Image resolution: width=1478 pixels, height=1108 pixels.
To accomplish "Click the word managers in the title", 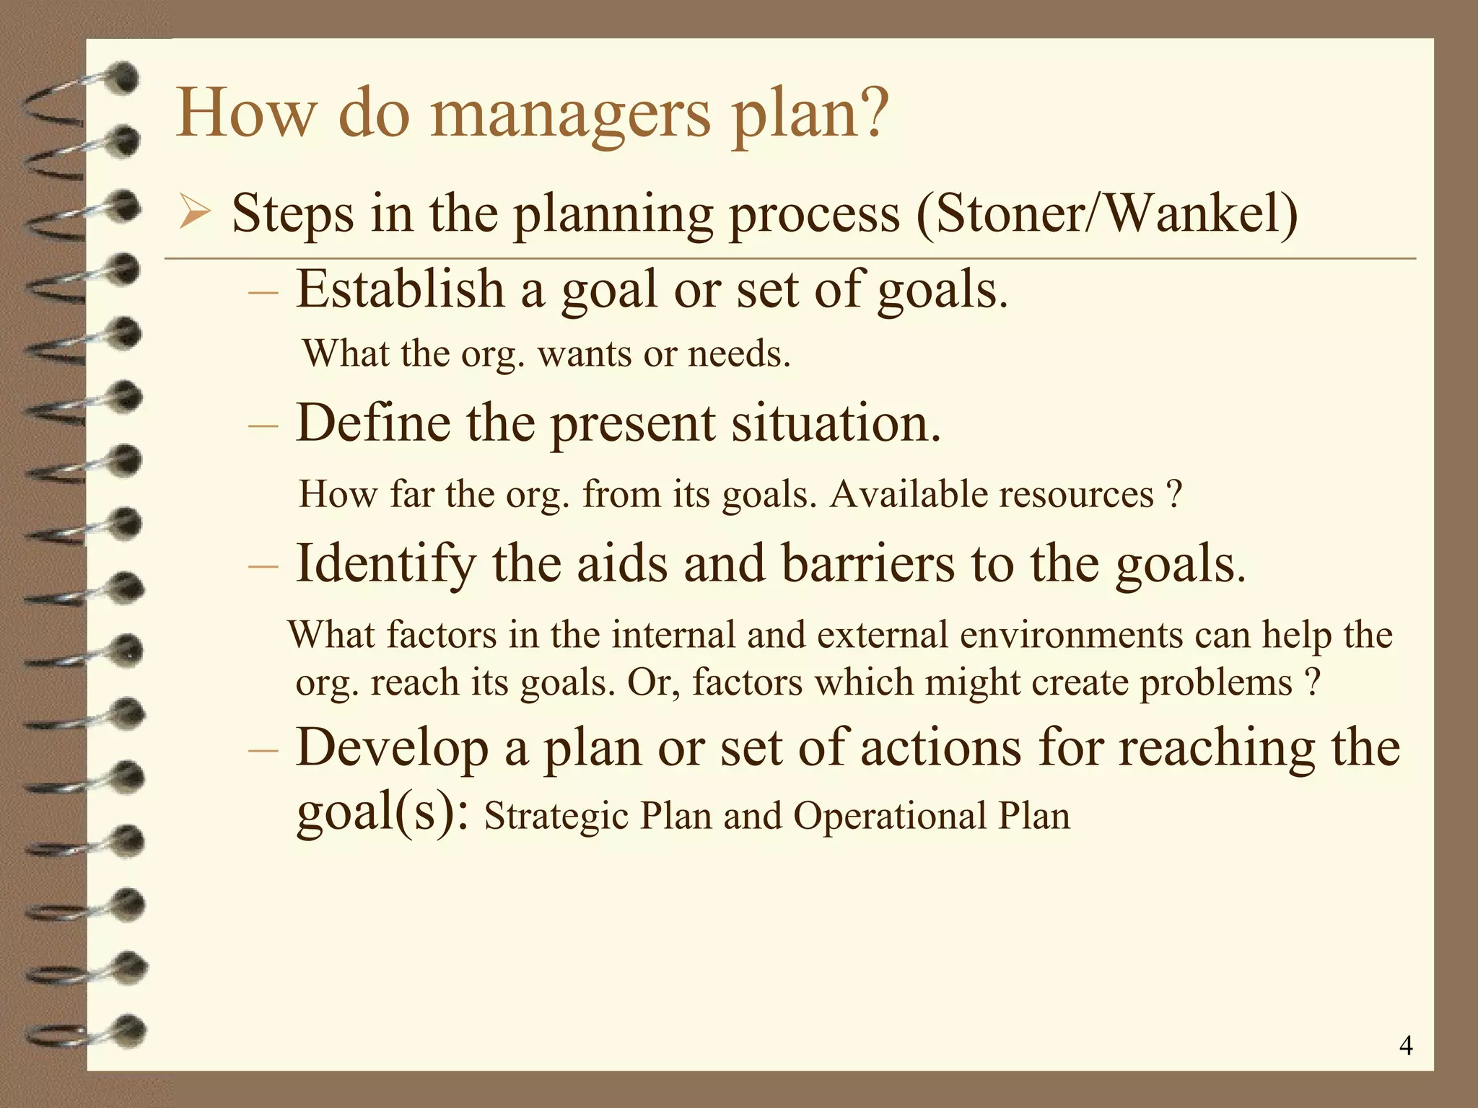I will (x=570, y=115).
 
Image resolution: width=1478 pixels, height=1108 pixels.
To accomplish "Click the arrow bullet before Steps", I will (x=194, y=214).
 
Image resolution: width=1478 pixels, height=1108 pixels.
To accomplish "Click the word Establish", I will (x=400, y=289).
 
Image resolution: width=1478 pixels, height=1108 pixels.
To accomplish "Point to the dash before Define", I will (x=262, y=426).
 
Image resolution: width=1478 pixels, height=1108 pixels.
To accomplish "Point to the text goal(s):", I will (x=382, y=813).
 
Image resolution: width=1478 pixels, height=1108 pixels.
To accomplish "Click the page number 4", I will (x=1405, y=1045).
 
